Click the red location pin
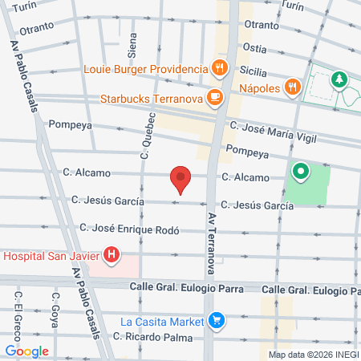tap(181, 180)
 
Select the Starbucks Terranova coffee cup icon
tap(213, 99)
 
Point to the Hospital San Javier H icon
tap(112, 257)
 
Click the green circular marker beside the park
tap(301, 171)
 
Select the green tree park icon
tap(339, 79)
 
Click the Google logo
tap(26, 351)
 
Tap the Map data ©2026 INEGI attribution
tap(313, 355)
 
